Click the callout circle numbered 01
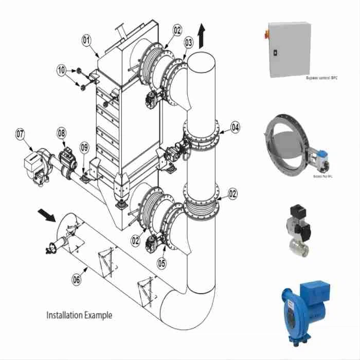tap(86, 39)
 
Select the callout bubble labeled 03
tap(189, 42)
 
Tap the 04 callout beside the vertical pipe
tap(235, 126)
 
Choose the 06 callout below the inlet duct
tap(76, 279)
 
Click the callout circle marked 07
tap(20, 135)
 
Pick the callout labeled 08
tap(62, 133)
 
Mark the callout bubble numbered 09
tap(85, 148)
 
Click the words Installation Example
tap(79, 315)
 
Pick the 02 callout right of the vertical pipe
tap(232, 194)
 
